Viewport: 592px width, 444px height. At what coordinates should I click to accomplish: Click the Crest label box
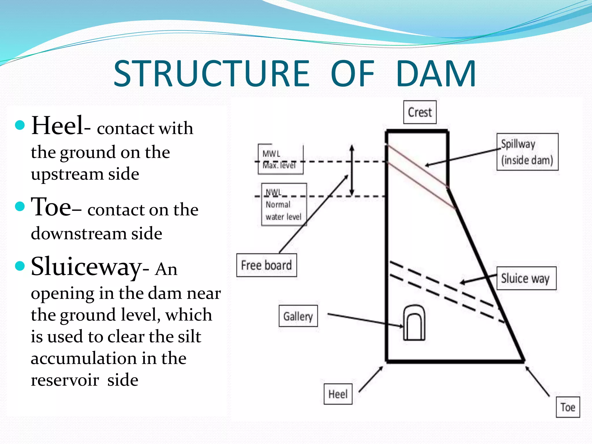420,112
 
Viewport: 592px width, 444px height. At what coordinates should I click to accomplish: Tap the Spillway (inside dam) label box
527,152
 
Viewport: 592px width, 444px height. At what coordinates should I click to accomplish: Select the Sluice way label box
526,278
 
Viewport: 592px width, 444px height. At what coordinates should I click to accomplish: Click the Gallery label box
298,316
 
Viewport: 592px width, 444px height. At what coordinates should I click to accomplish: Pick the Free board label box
267,265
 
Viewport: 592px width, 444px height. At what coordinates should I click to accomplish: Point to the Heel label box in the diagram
338,394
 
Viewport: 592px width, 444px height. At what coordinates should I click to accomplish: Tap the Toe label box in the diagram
568,407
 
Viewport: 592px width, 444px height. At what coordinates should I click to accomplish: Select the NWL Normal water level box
284,205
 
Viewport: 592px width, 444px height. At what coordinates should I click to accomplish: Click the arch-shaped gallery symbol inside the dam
414,323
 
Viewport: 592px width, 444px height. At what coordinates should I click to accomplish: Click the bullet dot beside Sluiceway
20,266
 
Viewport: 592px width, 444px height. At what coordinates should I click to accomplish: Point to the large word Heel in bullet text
57,125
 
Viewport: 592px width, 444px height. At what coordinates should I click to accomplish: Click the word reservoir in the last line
65,380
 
